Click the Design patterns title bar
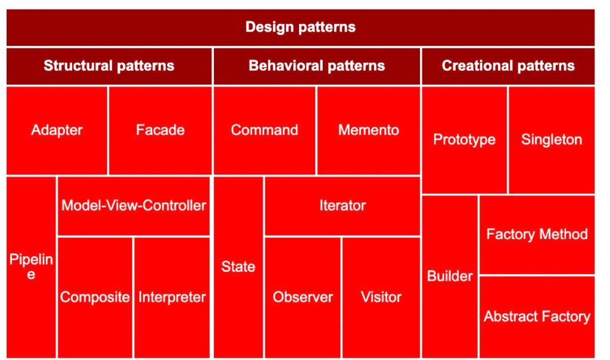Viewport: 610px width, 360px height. point(300,27)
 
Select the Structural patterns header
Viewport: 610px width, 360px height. point(109,66)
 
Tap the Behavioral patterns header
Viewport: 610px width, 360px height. point(316,66)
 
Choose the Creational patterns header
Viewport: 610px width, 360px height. point(508,66)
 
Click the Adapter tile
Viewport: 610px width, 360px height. point(57,130)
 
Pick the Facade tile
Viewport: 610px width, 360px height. point(160,130)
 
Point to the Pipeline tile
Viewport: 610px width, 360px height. point(31,266)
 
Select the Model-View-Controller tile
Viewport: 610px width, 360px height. point(133,206)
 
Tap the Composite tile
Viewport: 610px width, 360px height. point(95,297)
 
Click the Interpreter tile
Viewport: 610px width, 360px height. point(172,297)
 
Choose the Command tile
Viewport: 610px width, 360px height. point(264,130)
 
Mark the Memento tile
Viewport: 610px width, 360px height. point(368,130)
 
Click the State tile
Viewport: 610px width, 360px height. point(238,266)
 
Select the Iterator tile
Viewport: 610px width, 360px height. point(342,206)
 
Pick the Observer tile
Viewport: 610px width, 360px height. point(303,297)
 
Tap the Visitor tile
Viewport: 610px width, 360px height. point(381,297)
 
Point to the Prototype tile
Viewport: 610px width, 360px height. point(464,139)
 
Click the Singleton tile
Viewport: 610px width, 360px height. point(551,139)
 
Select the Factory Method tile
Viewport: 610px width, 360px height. point(537,234)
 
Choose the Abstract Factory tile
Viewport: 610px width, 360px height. point(537,316)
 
